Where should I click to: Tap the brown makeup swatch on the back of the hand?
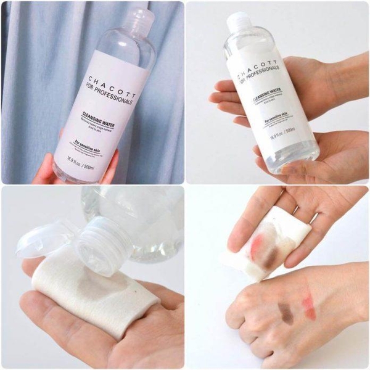[x=286, y=311]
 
